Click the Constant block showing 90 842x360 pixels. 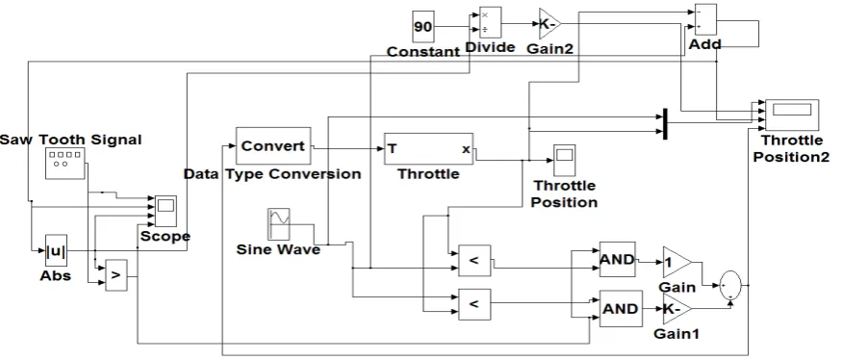[423, 26]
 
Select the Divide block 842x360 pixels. [490, 22]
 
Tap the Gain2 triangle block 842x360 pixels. [549, 24]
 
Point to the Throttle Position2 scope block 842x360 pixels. [792, 115]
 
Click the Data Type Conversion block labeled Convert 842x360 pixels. [274, 145]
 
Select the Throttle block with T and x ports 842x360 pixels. [428, 149]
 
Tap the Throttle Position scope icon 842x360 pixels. [564, 160]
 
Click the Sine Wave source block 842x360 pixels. [279, 224]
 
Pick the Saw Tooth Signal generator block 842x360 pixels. [65, 164]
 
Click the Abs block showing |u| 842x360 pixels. [57, 250]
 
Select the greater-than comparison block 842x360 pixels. [116, 275]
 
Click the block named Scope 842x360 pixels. [166, 211]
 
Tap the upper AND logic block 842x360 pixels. [618, 260]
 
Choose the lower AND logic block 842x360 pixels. [621, 308]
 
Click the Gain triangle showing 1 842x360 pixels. [676, 263]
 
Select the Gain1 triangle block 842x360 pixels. [676, 309]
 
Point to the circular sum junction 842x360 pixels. [730, 285]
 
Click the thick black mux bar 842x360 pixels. [665, 123]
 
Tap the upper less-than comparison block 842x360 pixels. [474, 261]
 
